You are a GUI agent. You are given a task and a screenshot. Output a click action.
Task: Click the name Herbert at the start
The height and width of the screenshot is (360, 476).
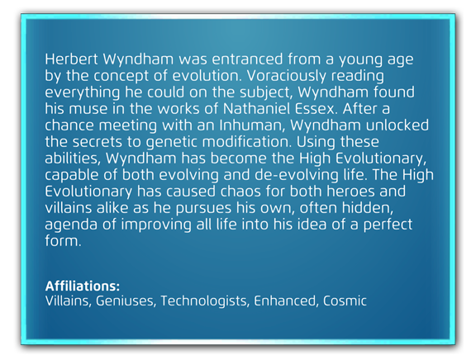click(x=71, y=59)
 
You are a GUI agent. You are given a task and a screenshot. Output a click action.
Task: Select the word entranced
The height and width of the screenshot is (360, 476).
click(x=247, y=59)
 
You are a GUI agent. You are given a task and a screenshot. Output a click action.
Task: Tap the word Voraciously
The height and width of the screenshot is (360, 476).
click(x=286, y=76)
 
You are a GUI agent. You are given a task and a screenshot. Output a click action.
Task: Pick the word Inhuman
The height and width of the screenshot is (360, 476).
click(x=252, y=126)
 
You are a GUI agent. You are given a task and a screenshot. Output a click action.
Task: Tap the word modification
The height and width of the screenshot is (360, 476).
click(x=247, y=142)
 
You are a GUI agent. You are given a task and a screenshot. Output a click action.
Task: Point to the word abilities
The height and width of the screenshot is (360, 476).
click(x=73, y=159)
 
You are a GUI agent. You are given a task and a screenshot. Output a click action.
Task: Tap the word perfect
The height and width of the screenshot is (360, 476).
click(x=388, y=225)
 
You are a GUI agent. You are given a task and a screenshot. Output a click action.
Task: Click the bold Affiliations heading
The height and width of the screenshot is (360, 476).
click(x=83, y=286)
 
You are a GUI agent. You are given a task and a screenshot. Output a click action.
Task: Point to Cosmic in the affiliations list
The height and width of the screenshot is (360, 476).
click(x=345, y=301)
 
